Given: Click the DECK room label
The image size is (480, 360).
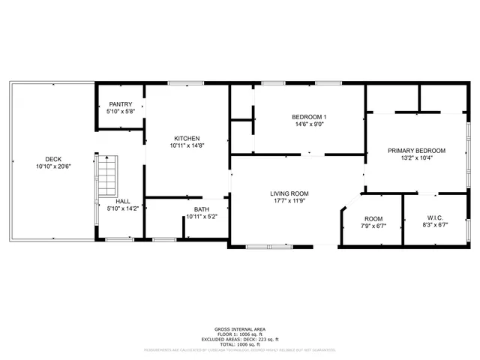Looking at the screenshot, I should [53, 159].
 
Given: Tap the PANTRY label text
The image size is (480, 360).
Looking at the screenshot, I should [120, 104].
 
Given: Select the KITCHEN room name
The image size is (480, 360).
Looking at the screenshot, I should [187, 139].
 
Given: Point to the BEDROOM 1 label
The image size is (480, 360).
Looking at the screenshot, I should [309, 117].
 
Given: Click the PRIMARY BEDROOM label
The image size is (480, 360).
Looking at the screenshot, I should [416, 151].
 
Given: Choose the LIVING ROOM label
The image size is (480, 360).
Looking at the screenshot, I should [289, 193].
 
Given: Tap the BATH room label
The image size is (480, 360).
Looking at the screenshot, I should [201, 209].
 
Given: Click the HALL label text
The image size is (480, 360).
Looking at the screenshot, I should [124, 202].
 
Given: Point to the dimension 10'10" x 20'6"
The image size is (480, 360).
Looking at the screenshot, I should [53, 166].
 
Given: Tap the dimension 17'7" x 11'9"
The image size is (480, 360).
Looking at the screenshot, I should [289, 201].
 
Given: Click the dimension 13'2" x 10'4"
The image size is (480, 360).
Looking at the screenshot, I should [416, 158].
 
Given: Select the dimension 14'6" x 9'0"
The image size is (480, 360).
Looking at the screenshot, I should [309, 124].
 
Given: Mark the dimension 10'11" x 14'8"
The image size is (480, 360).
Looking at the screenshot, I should [187, 146].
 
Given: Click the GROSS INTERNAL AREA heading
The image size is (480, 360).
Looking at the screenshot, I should [239, 329].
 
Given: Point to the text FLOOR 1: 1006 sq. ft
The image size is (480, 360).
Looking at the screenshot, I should [239, 334].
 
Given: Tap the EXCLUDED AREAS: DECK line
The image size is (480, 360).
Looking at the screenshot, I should [239, 338].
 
